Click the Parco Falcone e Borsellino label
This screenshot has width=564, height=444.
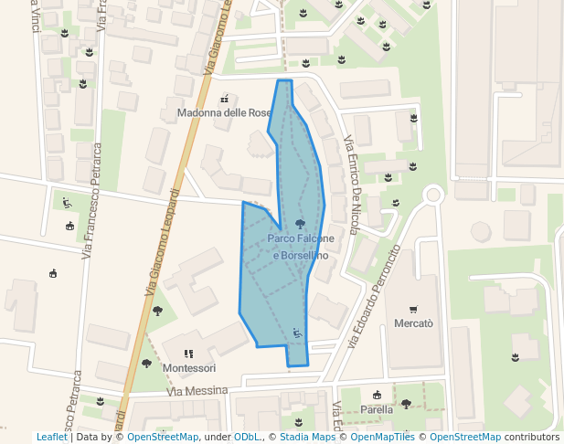(300, 247)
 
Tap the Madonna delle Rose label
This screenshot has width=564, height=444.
(224, 112)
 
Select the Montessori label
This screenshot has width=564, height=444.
(189, 368)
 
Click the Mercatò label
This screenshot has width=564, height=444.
(413, 323)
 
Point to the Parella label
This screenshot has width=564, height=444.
(377, 409)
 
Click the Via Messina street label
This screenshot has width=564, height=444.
(197, 391)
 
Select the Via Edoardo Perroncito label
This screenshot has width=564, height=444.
(375, 297)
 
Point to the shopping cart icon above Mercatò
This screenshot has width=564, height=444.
(413, 309)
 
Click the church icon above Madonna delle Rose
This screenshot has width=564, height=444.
(224, 98)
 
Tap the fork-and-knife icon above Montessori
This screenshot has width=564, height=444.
(188, 354)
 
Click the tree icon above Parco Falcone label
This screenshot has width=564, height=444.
(300, 223)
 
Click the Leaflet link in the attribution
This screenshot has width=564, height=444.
(51, 438)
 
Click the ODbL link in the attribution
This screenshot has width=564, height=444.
(245, 438)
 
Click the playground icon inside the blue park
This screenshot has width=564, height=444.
(296, 332)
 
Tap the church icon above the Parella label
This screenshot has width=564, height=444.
(377, 395)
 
